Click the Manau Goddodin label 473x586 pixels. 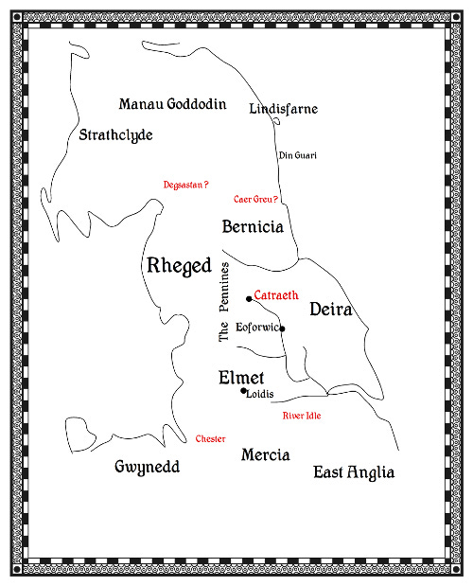coord(172,104)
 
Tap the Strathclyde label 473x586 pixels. coord(116,135)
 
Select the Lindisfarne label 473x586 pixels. coord(283,109)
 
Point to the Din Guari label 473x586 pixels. coord(297,155)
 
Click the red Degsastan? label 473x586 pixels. coord(185,186)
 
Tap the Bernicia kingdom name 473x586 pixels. coord(253,227)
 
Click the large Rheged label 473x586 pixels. coord(179,267)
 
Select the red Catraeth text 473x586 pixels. coord(276,296)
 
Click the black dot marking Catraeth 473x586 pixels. coord(249,299)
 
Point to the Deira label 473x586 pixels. coord(331,310)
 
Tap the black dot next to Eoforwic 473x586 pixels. coord(282,329)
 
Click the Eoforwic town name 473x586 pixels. coord(257,327)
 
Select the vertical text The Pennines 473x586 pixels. coord(224,302)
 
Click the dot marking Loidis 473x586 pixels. coord(243,391)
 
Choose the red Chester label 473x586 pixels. coord(210,439)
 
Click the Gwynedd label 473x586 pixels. coord(147,468)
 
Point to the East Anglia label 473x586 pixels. coord(354,472)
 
